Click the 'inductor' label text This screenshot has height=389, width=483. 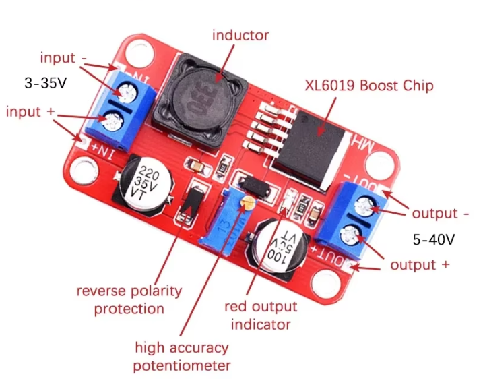(x=240, y=35)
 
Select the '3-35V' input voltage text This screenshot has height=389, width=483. (x=46, y=84)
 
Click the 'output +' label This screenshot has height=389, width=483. (x=420, y=265)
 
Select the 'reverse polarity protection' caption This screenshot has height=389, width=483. (x=129, y=300)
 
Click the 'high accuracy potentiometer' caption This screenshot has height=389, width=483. (x=181, y=357)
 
